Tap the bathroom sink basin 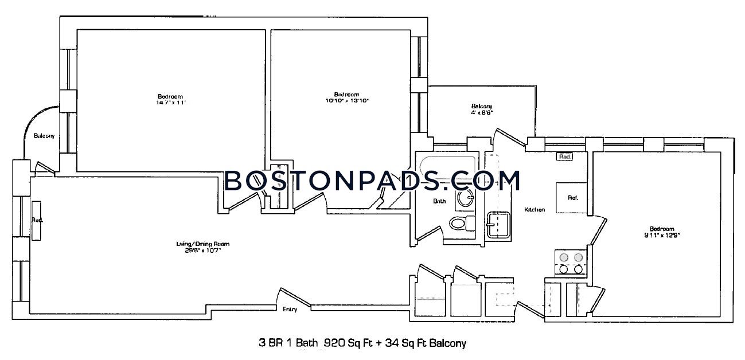point(466,199)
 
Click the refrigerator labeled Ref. point(572,198)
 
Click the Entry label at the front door point(290,310)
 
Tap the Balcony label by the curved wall point(44,136)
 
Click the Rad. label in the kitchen point(563,156)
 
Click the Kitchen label point(535,210)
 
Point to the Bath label point(439,201)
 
